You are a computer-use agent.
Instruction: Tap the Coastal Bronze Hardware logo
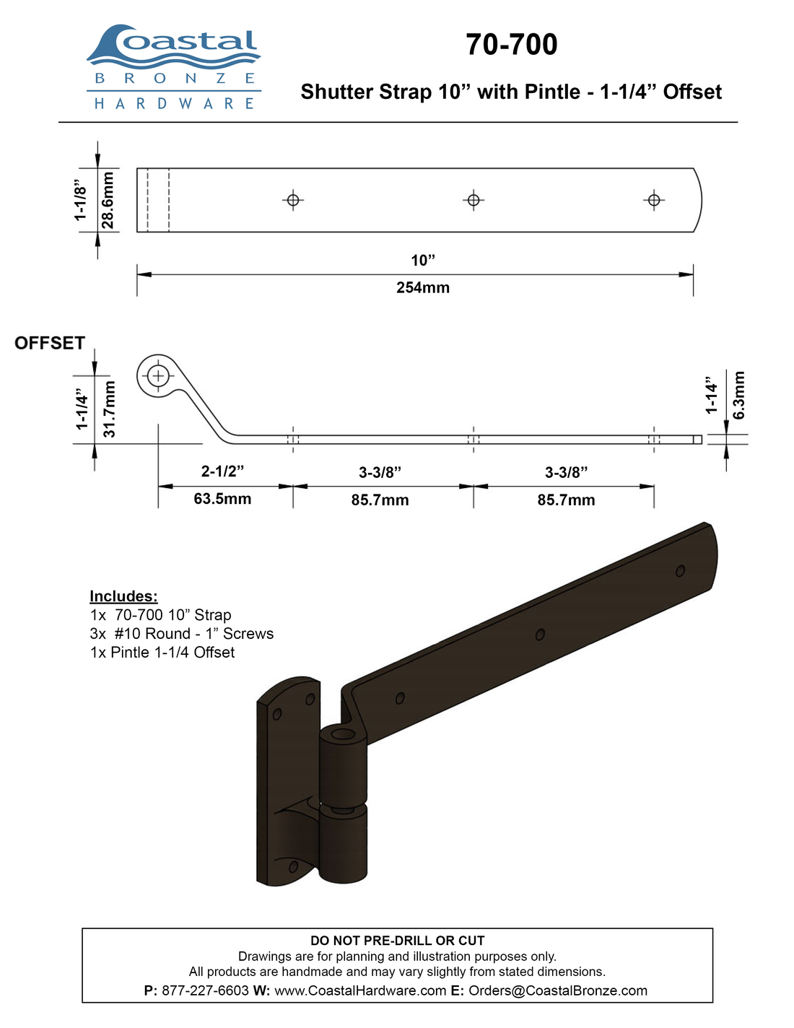pyautogui.click(x=173, y=67)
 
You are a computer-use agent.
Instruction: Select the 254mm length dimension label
pyautogui.click(x=423, y=287)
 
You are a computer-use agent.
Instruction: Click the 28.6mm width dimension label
pyautogui.click(x=108, y=200)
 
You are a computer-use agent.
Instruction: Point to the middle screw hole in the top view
pyautogui.click(x=474, y=200)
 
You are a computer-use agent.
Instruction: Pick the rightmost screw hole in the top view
pyautogui.click(x=654, y=200)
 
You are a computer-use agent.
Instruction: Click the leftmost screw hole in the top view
pyautogui.click(x=293, y=200)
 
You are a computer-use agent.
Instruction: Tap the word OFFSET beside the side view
pyautogui.click(x=50, y=343)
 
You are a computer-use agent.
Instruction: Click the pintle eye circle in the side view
pyautogui.click(x=158, y=376)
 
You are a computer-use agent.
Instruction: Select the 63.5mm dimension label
pyautogui.click(x=222, y=499)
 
